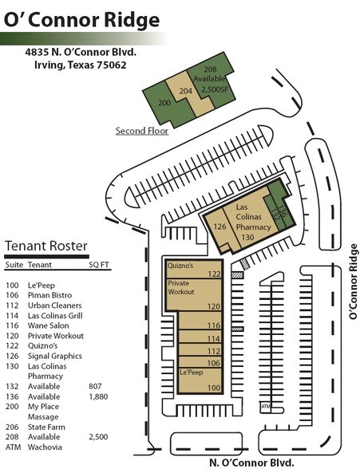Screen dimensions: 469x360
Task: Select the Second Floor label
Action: coord(141,131)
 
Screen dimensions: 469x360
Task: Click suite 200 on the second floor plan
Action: coord(164,103)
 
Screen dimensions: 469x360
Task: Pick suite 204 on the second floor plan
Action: coord(185,92)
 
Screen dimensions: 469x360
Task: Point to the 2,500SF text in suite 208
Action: coord(213,91)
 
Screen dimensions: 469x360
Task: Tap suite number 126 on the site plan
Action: coord(221,227)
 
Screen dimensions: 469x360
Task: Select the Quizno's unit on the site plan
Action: coord(180,266)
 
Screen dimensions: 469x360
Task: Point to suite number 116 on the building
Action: coord(212,325)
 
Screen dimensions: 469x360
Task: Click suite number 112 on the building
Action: coord(212,351)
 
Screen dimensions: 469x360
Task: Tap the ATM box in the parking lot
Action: coord(266,407)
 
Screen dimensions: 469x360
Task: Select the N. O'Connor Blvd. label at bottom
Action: coord(251,461)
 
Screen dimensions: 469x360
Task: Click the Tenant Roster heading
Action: coord(46,245)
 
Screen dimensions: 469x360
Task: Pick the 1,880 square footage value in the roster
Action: coord(97,396)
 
